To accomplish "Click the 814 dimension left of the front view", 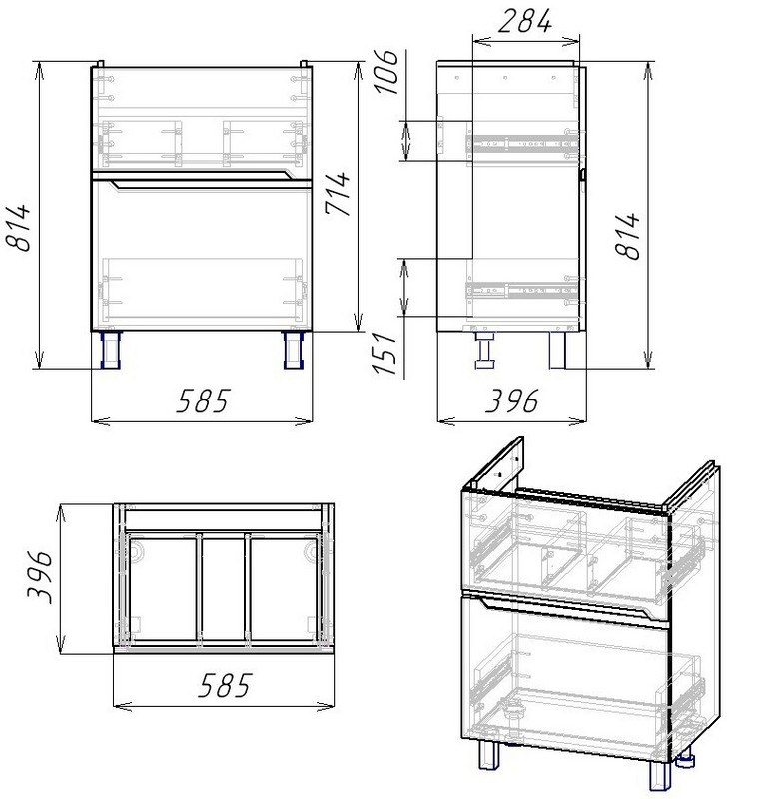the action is click(18, 228).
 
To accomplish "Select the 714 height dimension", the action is click(338, 194).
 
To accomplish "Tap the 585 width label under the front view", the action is click(203, 400).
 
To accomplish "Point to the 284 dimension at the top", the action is click(525, 21).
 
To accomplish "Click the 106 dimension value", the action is click(386, 72).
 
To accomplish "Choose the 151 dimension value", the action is click(385, 354).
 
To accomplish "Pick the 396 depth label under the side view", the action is click(511, 401).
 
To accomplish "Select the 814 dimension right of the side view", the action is click(627, 236).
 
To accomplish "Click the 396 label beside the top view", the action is click(39, 576).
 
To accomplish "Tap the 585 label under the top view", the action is click(224, 685).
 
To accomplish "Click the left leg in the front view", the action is click(111, 350).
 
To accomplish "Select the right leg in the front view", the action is click(293, 350).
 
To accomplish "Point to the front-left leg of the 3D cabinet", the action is click(489, 757).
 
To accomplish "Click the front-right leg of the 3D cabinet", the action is click(661, 775).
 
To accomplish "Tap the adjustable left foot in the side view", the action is click(485, 350).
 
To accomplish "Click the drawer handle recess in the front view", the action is click(203, 181).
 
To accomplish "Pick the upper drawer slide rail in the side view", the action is click(523, 143).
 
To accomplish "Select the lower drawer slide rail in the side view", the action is click(523, 291).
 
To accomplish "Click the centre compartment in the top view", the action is click(223, 589).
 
